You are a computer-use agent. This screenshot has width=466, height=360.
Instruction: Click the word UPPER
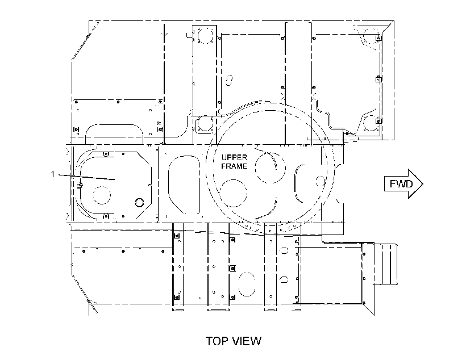point(234,157)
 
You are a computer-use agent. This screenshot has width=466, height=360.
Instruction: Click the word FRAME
point(234,166)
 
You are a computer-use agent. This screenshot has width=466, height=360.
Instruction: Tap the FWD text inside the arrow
point(401,184)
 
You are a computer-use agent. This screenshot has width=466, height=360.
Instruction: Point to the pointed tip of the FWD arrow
point(423,184)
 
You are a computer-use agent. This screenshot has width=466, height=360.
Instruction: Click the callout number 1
point(53,174)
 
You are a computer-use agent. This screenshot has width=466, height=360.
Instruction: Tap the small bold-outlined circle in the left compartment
point(139,203)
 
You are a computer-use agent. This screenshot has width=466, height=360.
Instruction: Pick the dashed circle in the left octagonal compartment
point(102,195)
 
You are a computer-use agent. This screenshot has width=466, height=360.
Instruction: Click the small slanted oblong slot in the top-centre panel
point(230,80)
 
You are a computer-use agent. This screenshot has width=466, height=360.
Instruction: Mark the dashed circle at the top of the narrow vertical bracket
point(205,36)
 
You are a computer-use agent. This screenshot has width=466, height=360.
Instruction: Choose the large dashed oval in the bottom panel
point(247,284)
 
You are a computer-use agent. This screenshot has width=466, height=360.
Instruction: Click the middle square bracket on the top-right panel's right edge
point(378,79)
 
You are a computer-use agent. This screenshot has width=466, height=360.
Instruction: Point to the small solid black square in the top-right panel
point(347,133)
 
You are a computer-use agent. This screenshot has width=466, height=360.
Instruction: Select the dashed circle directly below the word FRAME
point(234,193)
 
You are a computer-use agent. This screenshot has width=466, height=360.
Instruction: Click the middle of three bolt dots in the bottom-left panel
point(123,252)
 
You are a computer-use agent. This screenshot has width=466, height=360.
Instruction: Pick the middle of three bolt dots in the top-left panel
point(118,102)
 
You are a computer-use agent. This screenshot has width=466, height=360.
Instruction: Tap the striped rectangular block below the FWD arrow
point(385,265)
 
